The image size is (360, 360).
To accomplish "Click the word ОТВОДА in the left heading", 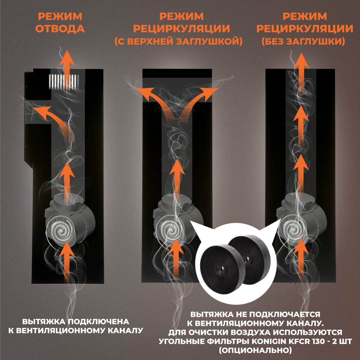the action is click(60, 29).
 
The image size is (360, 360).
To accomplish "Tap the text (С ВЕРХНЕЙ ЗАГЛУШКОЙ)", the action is click(178, 41).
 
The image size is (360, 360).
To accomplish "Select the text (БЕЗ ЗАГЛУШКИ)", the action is click(303, 41).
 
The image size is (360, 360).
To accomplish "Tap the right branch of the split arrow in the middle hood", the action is click(198, 105).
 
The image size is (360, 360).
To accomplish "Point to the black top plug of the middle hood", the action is click(177, 73).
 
